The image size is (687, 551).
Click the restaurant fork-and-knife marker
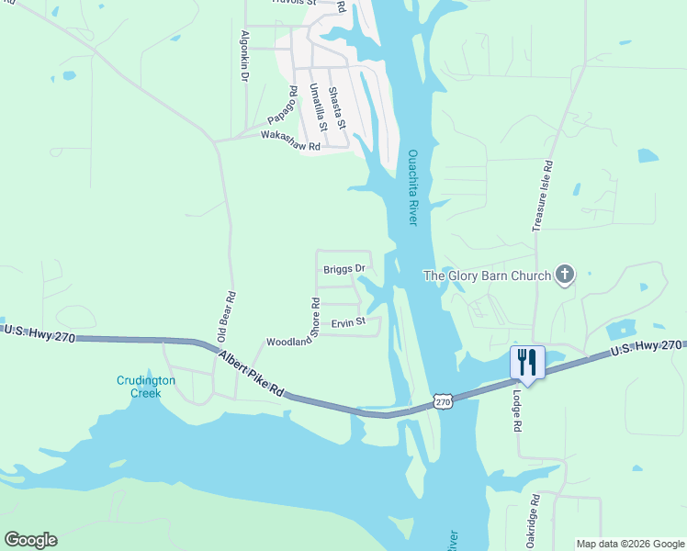click(x=527, y=361)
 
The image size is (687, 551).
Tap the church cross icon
click(x=565, y=275)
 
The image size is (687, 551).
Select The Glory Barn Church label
click(x=487, y=275)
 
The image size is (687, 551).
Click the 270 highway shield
click(x=444, y=402)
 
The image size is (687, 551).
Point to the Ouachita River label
click(x=412, y=188)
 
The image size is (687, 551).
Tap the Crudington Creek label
click(x=139, y=387)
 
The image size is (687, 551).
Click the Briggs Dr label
click(x=344, y=269)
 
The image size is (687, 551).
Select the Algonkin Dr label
click(x=244, y=56)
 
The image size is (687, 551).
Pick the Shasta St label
click(x=336, y=107)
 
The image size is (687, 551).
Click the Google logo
click(x=30, y=540)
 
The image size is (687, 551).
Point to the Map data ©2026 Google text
click(x=629, y=544)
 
